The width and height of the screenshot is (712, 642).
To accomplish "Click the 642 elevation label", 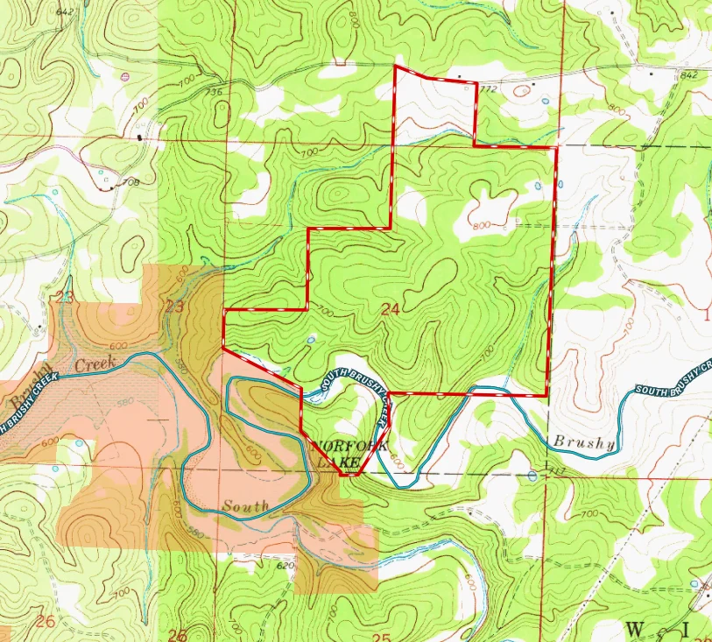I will tap(64, 11).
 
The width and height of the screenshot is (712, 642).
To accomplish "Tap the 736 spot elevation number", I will tap(213, 92).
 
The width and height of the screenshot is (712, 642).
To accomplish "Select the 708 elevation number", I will tap(131, 182).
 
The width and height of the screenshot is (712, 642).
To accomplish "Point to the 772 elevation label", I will tap(488, 89).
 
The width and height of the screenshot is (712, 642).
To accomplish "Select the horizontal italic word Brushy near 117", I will tap(582, 444).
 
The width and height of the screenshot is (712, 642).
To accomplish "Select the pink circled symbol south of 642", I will tap(125, 77).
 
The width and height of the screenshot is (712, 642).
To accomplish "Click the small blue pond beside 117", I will tap(532, 476).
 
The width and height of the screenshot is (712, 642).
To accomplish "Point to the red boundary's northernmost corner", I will tap(396, 66).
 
